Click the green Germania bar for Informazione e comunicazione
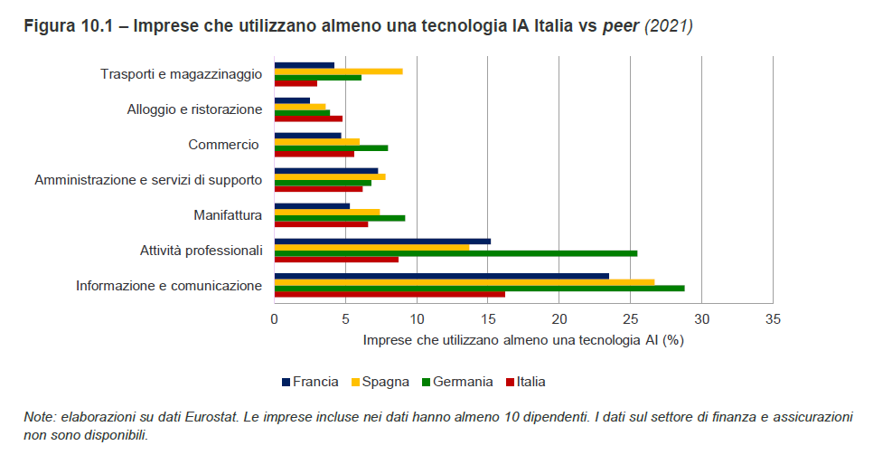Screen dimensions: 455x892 (479, 288)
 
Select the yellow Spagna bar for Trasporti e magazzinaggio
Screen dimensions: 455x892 (338, 71)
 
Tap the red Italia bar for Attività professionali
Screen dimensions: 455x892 (336, 260)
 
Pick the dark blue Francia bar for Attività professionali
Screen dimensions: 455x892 (382, 242)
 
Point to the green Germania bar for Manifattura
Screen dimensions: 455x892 (340, 218)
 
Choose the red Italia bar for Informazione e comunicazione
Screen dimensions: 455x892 (390, 294)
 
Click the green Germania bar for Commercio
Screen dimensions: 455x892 (331, 147)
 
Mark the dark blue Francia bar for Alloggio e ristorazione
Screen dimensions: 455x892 (292, 100)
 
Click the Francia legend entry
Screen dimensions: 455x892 (310, 382)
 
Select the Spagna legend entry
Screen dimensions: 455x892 (380, 382)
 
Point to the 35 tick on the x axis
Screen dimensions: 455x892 (773, 318)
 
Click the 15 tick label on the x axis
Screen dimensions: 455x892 (488, 318)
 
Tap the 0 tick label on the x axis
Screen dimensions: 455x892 (275, 318)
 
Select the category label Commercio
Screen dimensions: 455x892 (223, 145)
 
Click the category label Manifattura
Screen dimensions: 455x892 (228, 215)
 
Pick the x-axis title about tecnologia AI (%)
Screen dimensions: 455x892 (523, 340)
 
